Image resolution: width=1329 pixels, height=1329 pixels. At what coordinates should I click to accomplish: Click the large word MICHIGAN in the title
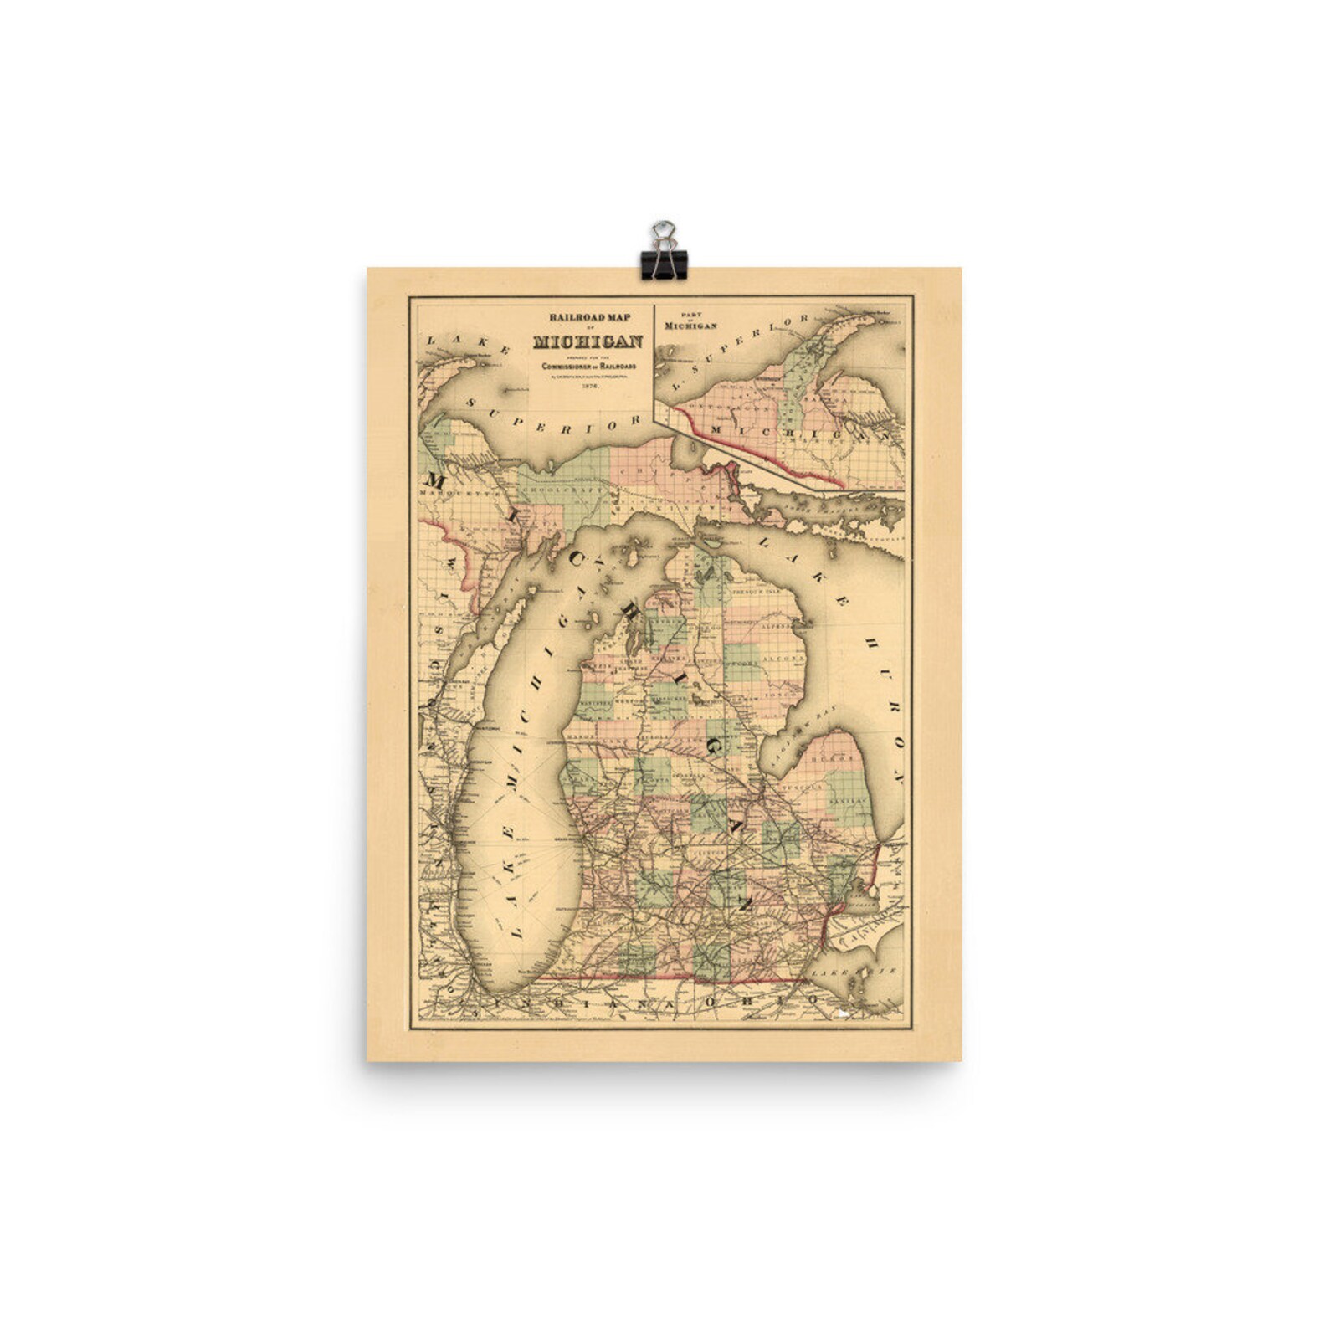[589, 341]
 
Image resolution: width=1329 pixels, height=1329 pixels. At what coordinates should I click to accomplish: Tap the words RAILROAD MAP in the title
[588, 317]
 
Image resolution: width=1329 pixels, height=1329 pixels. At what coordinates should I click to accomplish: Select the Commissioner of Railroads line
[589, 367]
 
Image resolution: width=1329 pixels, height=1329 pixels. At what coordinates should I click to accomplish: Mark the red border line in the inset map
[753, 449]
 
